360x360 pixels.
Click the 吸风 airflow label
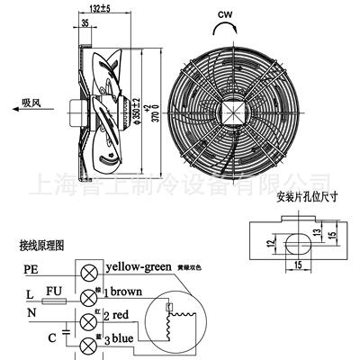(x=33, y=103)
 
